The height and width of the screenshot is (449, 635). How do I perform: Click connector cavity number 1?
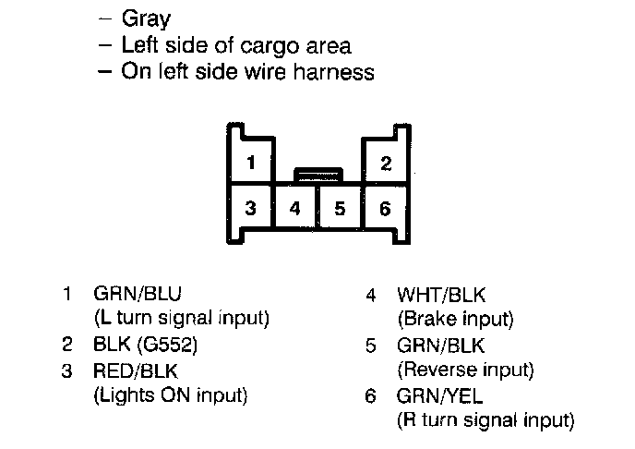click(x=250, y=162)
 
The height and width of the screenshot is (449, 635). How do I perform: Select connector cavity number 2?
click(x=386, y=164)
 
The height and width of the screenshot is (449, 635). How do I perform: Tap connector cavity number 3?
click(x=250, y=208)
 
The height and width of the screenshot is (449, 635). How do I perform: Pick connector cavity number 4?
click(x=295, y=208)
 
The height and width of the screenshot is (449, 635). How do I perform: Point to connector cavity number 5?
click(x=341, y=208)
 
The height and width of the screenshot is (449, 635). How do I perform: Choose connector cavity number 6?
click(x=386, y=208)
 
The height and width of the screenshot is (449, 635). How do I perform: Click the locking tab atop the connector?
click(x=317, y=173)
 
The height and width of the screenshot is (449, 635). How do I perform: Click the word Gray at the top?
click(x=146, y=19)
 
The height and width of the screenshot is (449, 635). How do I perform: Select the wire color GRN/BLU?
click(x=138, y=295)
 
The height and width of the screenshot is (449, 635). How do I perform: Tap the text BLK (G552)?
click(x=146, y=346)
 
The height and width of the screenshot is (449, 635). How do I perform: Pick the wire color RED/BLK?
click(x=137, y=371)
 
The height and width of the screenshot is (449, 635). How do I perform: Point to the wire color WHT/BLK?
click(x=440, y=296)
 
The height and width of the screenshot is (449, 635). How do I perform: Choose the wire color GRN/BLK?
click(x=439, y=346)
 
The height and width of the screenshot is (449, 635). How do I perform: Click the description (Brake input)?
click(x=454, y=320)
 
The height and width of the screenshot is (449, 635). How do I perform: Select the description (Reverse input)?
click(x=464, y=370)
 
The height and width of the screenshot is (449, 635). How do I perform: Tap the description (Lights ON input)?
click(x=171, y=395)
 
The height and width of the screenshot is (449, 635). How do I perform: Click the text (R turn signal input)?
click(x=485, y=421)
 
